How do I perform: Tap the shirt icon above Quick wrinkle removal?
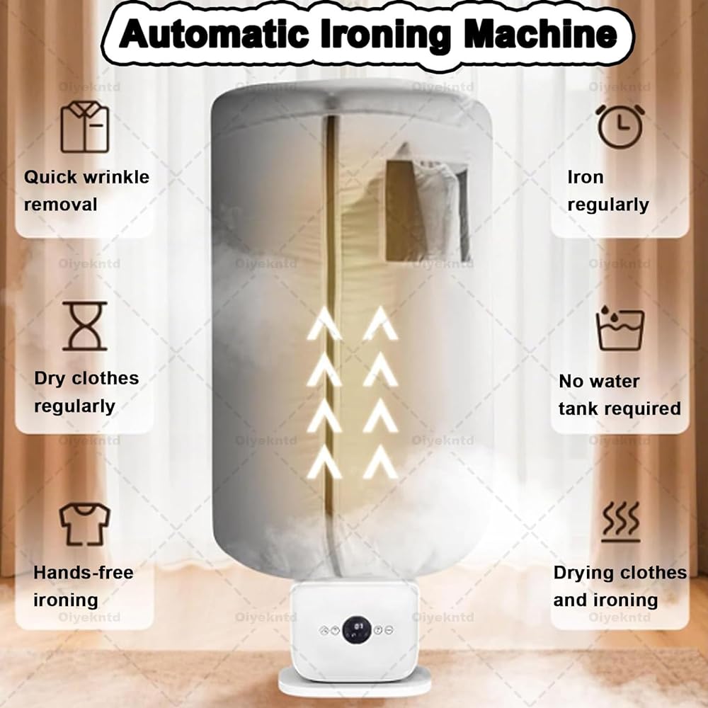coord(85,127)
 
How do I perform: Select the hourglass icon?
coord(85,326)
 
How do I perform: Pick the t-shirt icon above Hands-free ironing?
coord(85,524)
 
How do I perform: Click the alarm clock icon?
coord(620,126)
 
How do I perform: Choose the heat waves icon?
coord(620,523)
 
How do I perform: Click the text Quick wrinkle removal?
coord(86,190)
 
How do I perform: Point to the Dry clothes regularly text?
coord(86,392)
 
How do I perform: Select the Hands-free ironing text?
coord(83,586)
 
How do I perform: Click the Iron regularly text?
coord(607,190)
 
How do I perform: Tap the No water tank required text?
coord(619,394)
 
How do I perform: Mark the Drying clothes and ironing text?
coord(620,586)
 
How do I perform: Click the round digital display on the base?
coord(358,628)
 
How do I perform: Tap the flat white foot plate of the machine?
coord(354,683)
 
